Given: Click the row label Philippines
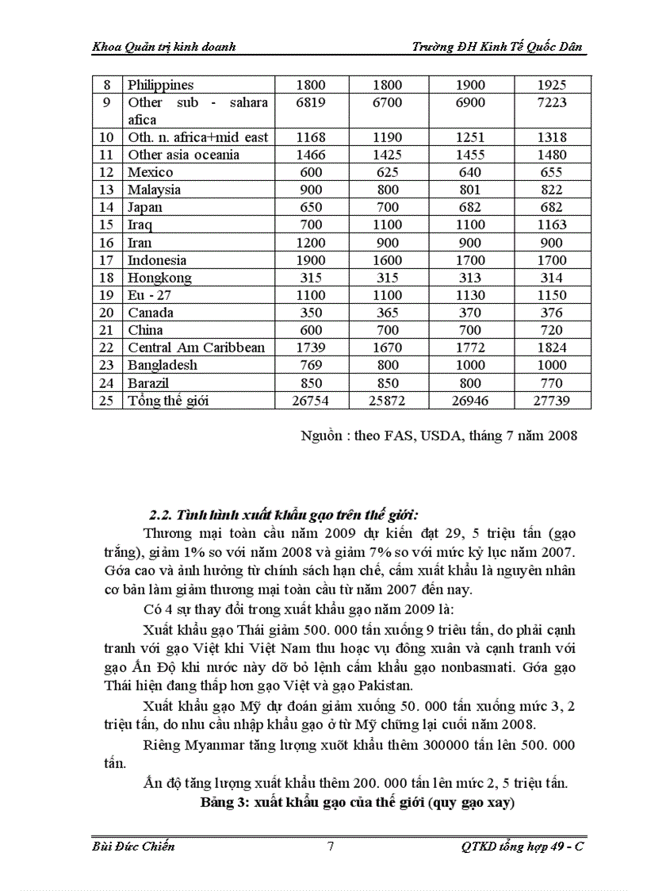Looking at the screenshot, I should coord(160,85).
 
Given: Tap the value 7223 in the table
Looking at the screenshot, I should coord(552,102).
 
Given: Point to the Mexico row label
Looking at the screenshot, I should coord(150,172).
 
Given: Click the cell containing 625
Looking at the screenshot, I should coord(388,172).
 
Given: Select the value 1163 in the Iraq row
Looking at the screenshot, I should coord(552,225).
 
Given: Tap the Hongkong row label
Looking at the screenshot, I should coord(159,277).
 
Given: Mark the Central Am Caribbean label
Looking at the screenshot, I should coord(196,348).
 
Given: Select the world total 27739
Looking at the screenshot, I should coord(552,400).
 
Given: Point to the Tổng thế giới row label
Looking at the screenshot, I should coord(168,400).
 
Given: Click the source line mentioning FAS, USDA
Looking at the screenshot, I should coord(438,435).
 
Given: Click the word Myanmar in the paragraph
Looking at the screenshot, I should coord(219,745).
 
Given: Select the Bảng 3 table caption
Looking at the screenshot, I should coord(358,802).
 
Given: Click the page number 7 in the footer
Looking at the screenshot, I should coord(330,847).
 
